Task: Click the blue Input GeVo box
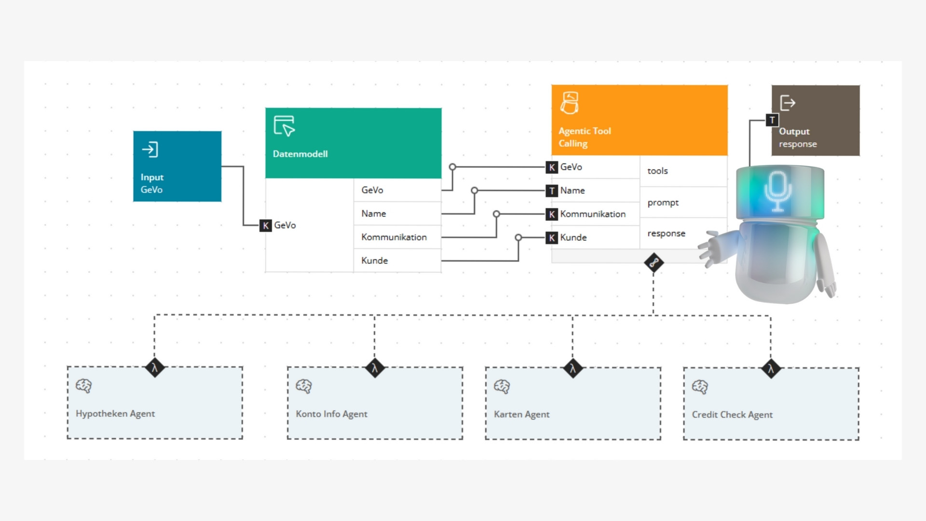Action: (177, 166)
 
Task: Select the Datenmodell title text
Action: (300, 154)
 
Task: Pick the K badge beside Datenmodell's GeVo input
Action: (265, 225)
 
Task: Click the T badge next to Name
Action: (552, 191)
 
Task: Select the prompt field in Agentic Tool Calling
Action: (663, 203)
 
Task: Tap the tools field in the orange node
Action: (657, 171)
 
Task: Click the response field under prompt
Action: (666, 233)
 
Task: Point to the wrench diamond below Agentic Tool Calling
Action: (654, 263)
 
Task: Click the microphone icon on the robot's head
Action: (777, 192)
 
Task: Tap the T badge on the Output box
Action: (772, 120)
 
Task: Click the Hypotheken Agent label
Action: (115, 413)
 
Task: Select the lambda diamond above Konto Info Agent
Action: (375, 368)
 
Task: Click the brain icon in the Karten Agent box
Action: (502, 386)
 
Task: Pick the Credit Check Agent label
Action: (732, 414)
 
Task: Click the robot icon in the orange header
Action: (570, 103)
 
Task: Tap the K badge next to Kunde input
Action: (552, 238)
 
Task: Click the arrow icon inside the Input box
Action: (150, 150)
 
